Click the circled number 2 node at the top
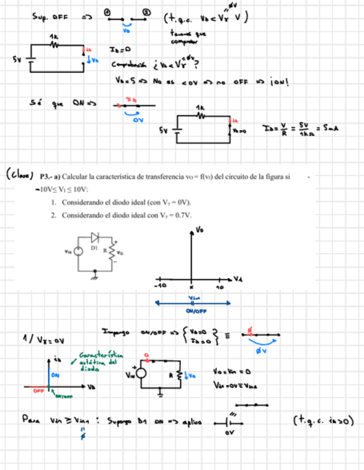point(146,12)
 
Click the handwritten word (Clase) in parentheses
point(20,176)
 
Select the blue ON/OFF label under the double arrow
point(193,311)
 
